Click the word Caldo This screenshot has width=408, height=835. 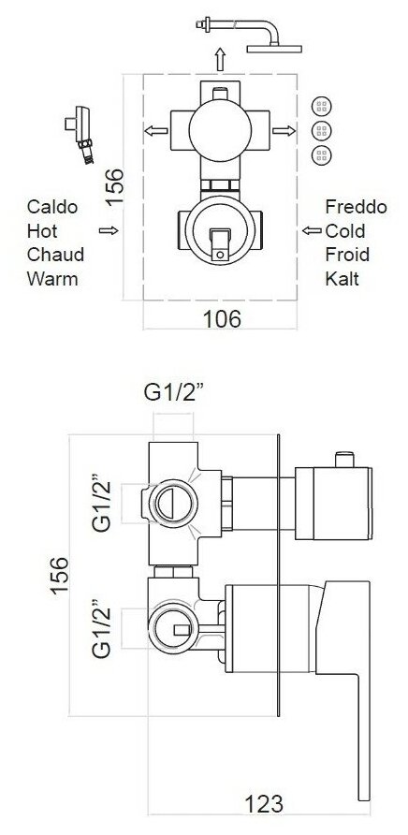[52, 207]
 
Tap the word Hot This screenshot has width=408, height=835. [42, 230]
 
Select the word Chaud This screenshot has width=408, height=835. [55, 255]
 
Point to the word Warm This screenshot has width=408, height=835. [52, 279]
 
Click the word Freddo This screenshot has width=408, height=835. [356, 207]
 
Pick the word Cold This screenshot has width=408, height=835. [345, 230]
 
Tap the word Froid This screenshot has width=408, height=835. [347, 255]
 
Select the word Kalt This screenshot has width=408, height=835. [342, 279]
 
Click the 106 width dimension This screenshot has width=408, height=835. [222, 319]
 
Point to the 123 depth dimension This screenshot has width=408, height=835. [264, 803]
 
